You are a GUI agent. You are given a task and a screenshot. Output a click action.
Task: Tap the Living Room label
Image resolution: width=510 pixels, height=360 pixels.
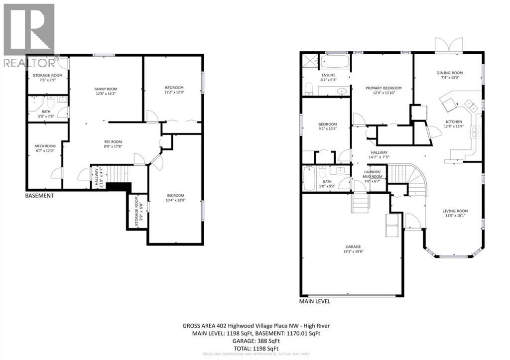[x=455, y=211]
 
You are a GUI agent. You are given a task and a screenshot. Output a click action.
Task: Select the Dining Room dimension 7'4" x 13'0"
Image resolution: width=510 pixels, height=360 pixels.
[x=450, y=78]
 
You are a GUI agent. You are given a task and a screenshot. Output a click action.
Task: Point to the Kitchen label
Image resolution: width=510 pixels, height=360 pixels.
[x=453, y=121]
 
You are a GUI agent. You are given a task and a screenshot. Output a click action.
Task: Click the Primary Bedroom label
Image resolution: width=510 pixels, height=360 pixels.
[x=383, y=88]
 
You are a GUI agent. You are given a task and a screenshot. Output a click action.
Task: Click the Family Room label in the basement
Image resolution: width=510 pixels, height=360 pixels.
[x=105, y=89]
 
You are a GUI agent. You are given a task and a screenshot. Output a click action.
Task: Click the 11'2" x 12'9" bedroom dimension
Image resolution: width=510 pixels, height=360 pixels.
[x=173, y=92]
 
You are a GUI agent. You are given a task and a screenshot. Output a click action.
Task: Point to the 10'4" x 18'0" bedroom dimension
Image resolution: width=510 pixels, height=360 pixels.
[x=175, y=200]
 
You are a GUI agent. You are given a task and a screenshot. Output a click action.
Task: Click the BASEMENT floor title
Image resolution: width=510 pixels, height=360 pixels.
[x=39, y=196]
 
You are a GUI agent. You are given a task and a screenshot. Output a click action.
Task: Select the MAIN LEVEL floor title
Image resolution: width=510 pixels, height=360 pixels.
[x=314, y=301]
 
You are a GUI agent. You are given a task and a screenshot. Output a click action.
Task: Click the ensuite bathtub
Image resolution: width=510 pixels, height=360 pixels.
[x=334, y=62]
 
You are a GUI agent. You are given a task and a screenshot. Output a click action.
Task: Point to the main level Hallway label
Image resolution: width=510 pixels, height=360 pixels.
[x=379, y=153]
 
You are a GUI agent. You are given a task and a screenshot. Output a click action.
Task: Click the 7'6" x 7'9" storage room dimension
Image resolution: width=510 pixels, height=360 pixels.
[x=47, y=80]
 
